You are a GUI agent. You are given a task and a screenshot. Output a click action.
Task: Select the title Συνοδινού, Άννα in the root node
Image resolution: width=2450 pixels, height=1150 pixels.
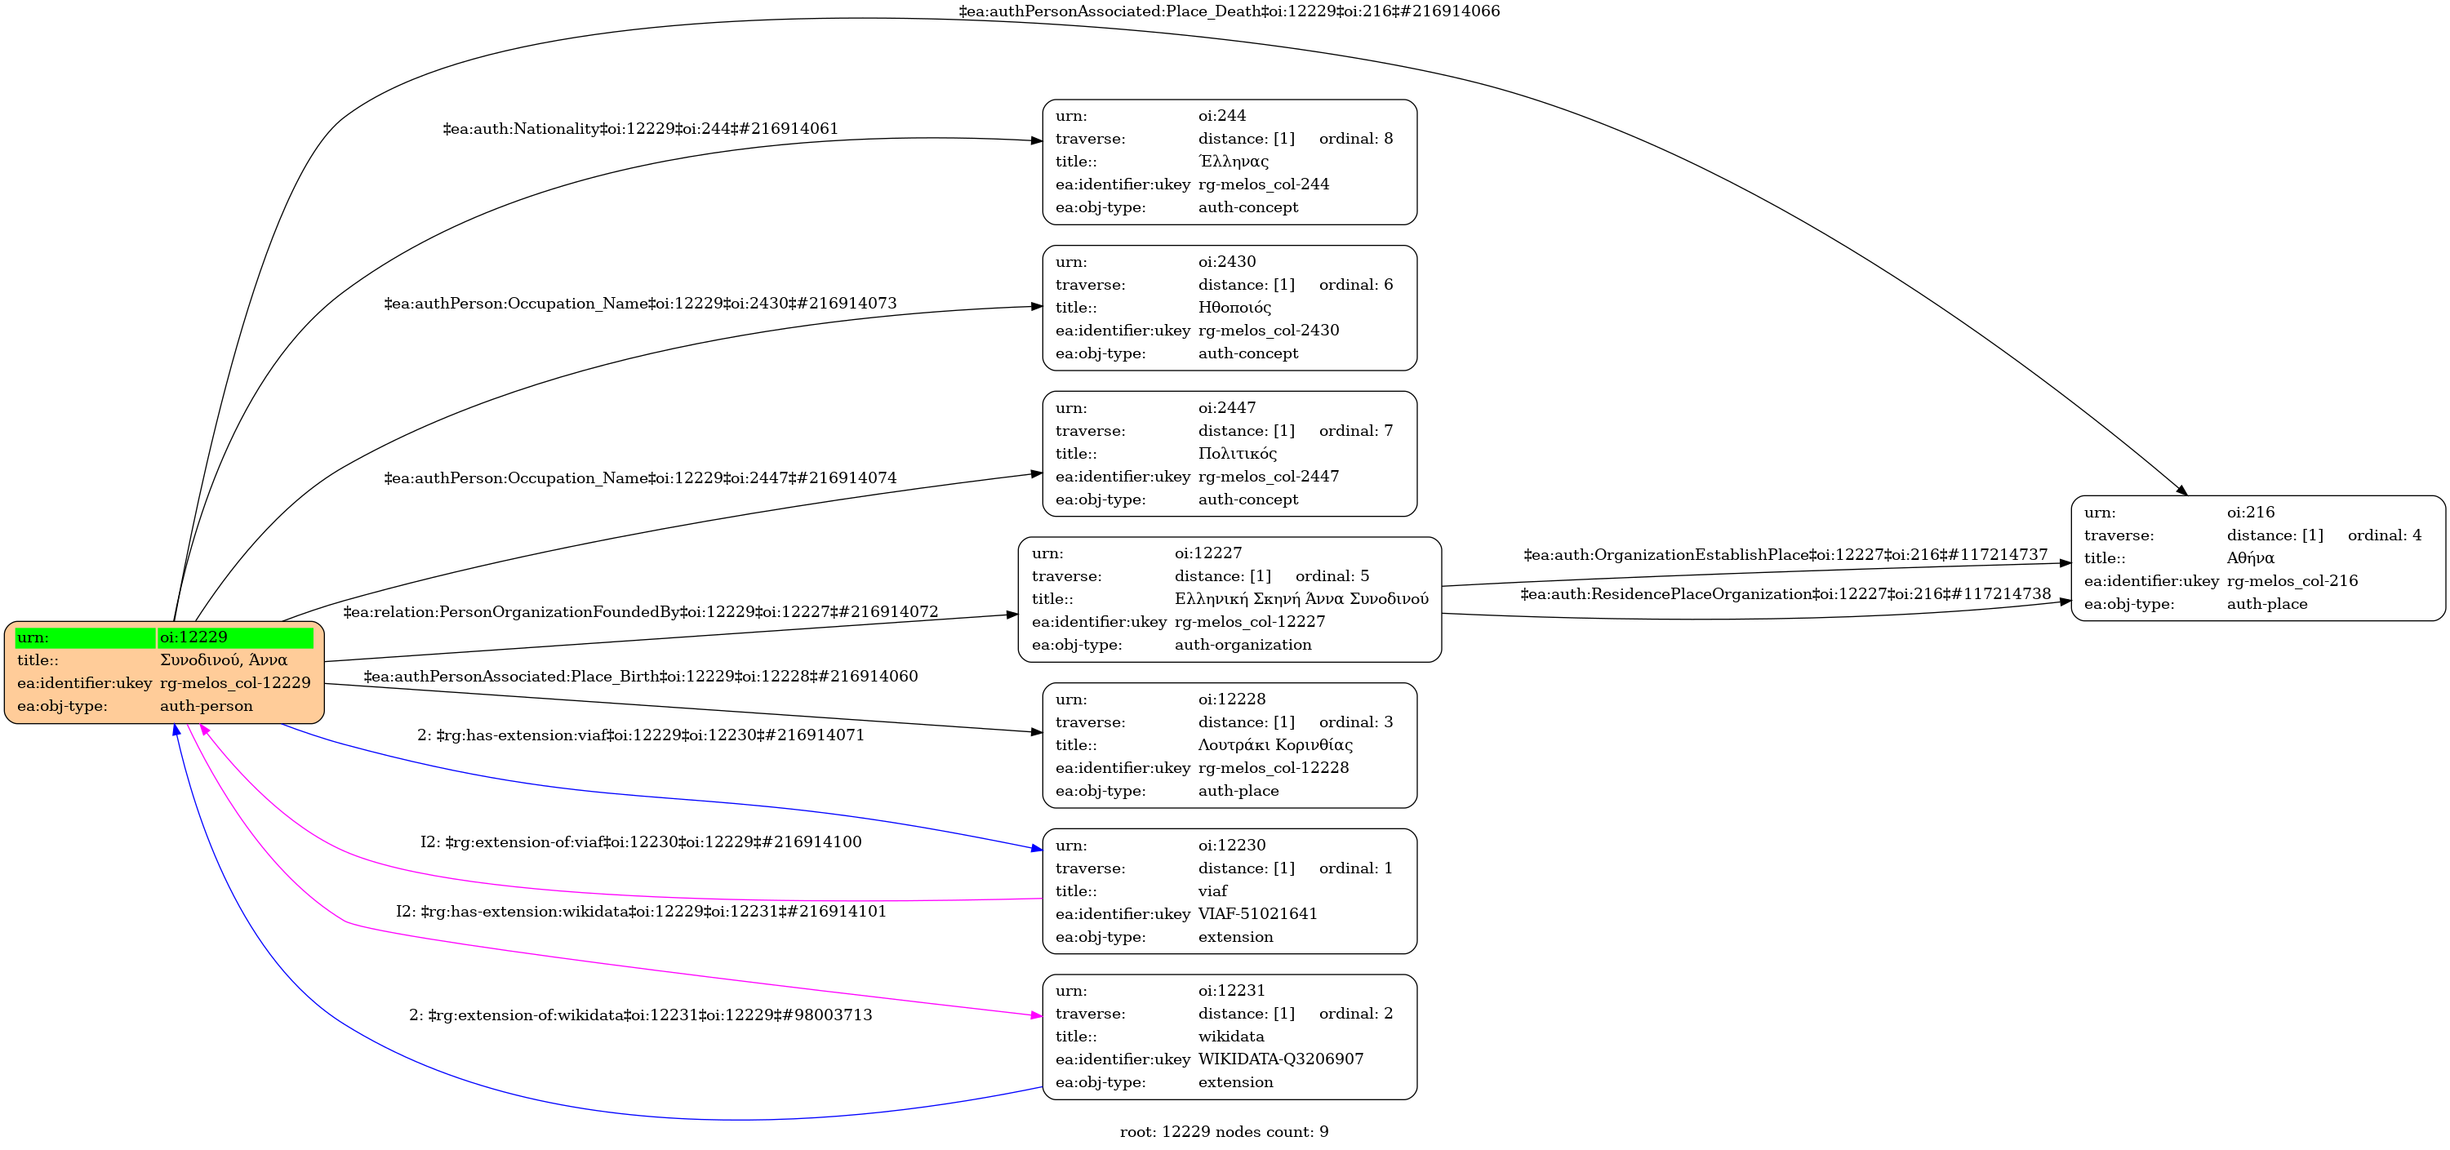coord(224,660)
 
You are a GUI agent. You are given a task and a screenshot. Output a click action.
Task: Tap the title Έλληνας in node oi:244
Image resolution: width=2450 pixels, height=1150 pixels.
coord(1234,162)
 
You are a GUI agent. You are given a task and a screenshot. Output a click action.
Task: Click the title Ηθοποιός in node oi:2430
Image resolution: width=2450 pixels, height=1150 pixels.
coord(1234,307)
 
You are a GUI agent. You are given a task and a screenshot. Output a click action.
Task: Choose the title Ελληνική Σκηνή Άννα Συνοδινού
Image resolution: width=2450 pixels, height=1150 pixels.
coord(1301,599)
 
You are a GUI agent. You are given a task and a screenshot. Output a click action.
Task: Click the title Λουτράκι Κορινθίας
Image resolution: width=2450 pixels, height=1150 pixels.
coord(1275,745)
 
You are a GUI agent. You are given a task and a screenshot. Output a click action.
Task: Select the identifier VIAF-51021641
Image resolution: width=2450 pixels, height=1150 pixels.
coord(1257,914)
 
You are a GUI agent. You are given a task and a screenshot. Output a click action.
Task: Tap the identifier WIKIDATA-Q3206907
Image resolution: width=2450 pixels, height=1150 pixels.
coord(1280,1059)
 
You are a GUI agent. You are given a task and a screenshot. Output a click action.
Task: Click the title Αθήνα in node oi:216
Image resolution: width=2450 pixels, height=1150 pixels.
coord(2250,558)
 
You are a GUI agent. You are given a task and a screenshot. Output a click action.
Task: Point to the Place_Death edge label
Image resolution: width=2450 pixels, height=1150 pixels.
coord(1229,11)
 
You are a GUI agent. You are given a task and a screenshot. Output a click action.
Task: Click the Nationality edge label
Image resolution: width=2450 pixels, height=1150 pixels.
coord(640,128)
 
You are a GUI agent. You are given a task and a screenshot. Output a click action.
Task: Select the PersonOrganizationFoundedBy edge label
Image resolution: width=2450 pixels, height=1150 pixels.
coord(640,611)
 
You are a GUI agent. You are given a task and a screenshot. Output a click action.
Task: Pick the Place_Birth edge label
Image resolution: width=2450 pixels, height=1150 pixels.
coord(640,677)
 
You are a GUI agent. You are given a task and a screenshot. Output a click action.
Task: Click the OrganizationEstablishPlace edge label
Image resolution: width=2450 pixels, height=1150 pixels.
coord(1785,554)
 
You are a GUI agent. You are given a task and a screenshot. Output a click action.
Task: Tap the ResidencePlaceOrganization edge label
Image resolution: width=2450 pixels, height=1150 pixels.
coord(1785,594)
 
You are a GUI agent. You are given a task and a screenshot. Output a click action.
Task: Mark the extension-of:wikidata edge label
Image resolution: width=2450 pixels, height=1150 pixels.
coord(640,1015)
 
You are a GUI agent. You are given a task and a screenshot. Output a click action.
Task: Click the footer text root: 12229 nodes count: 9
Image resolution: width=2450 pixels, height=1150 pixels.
coord(1224,1132)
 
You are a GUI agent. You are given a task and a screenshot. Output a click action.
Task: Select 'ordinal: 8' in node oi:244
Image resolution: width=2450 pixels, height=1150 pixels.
coord(1355,139)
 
